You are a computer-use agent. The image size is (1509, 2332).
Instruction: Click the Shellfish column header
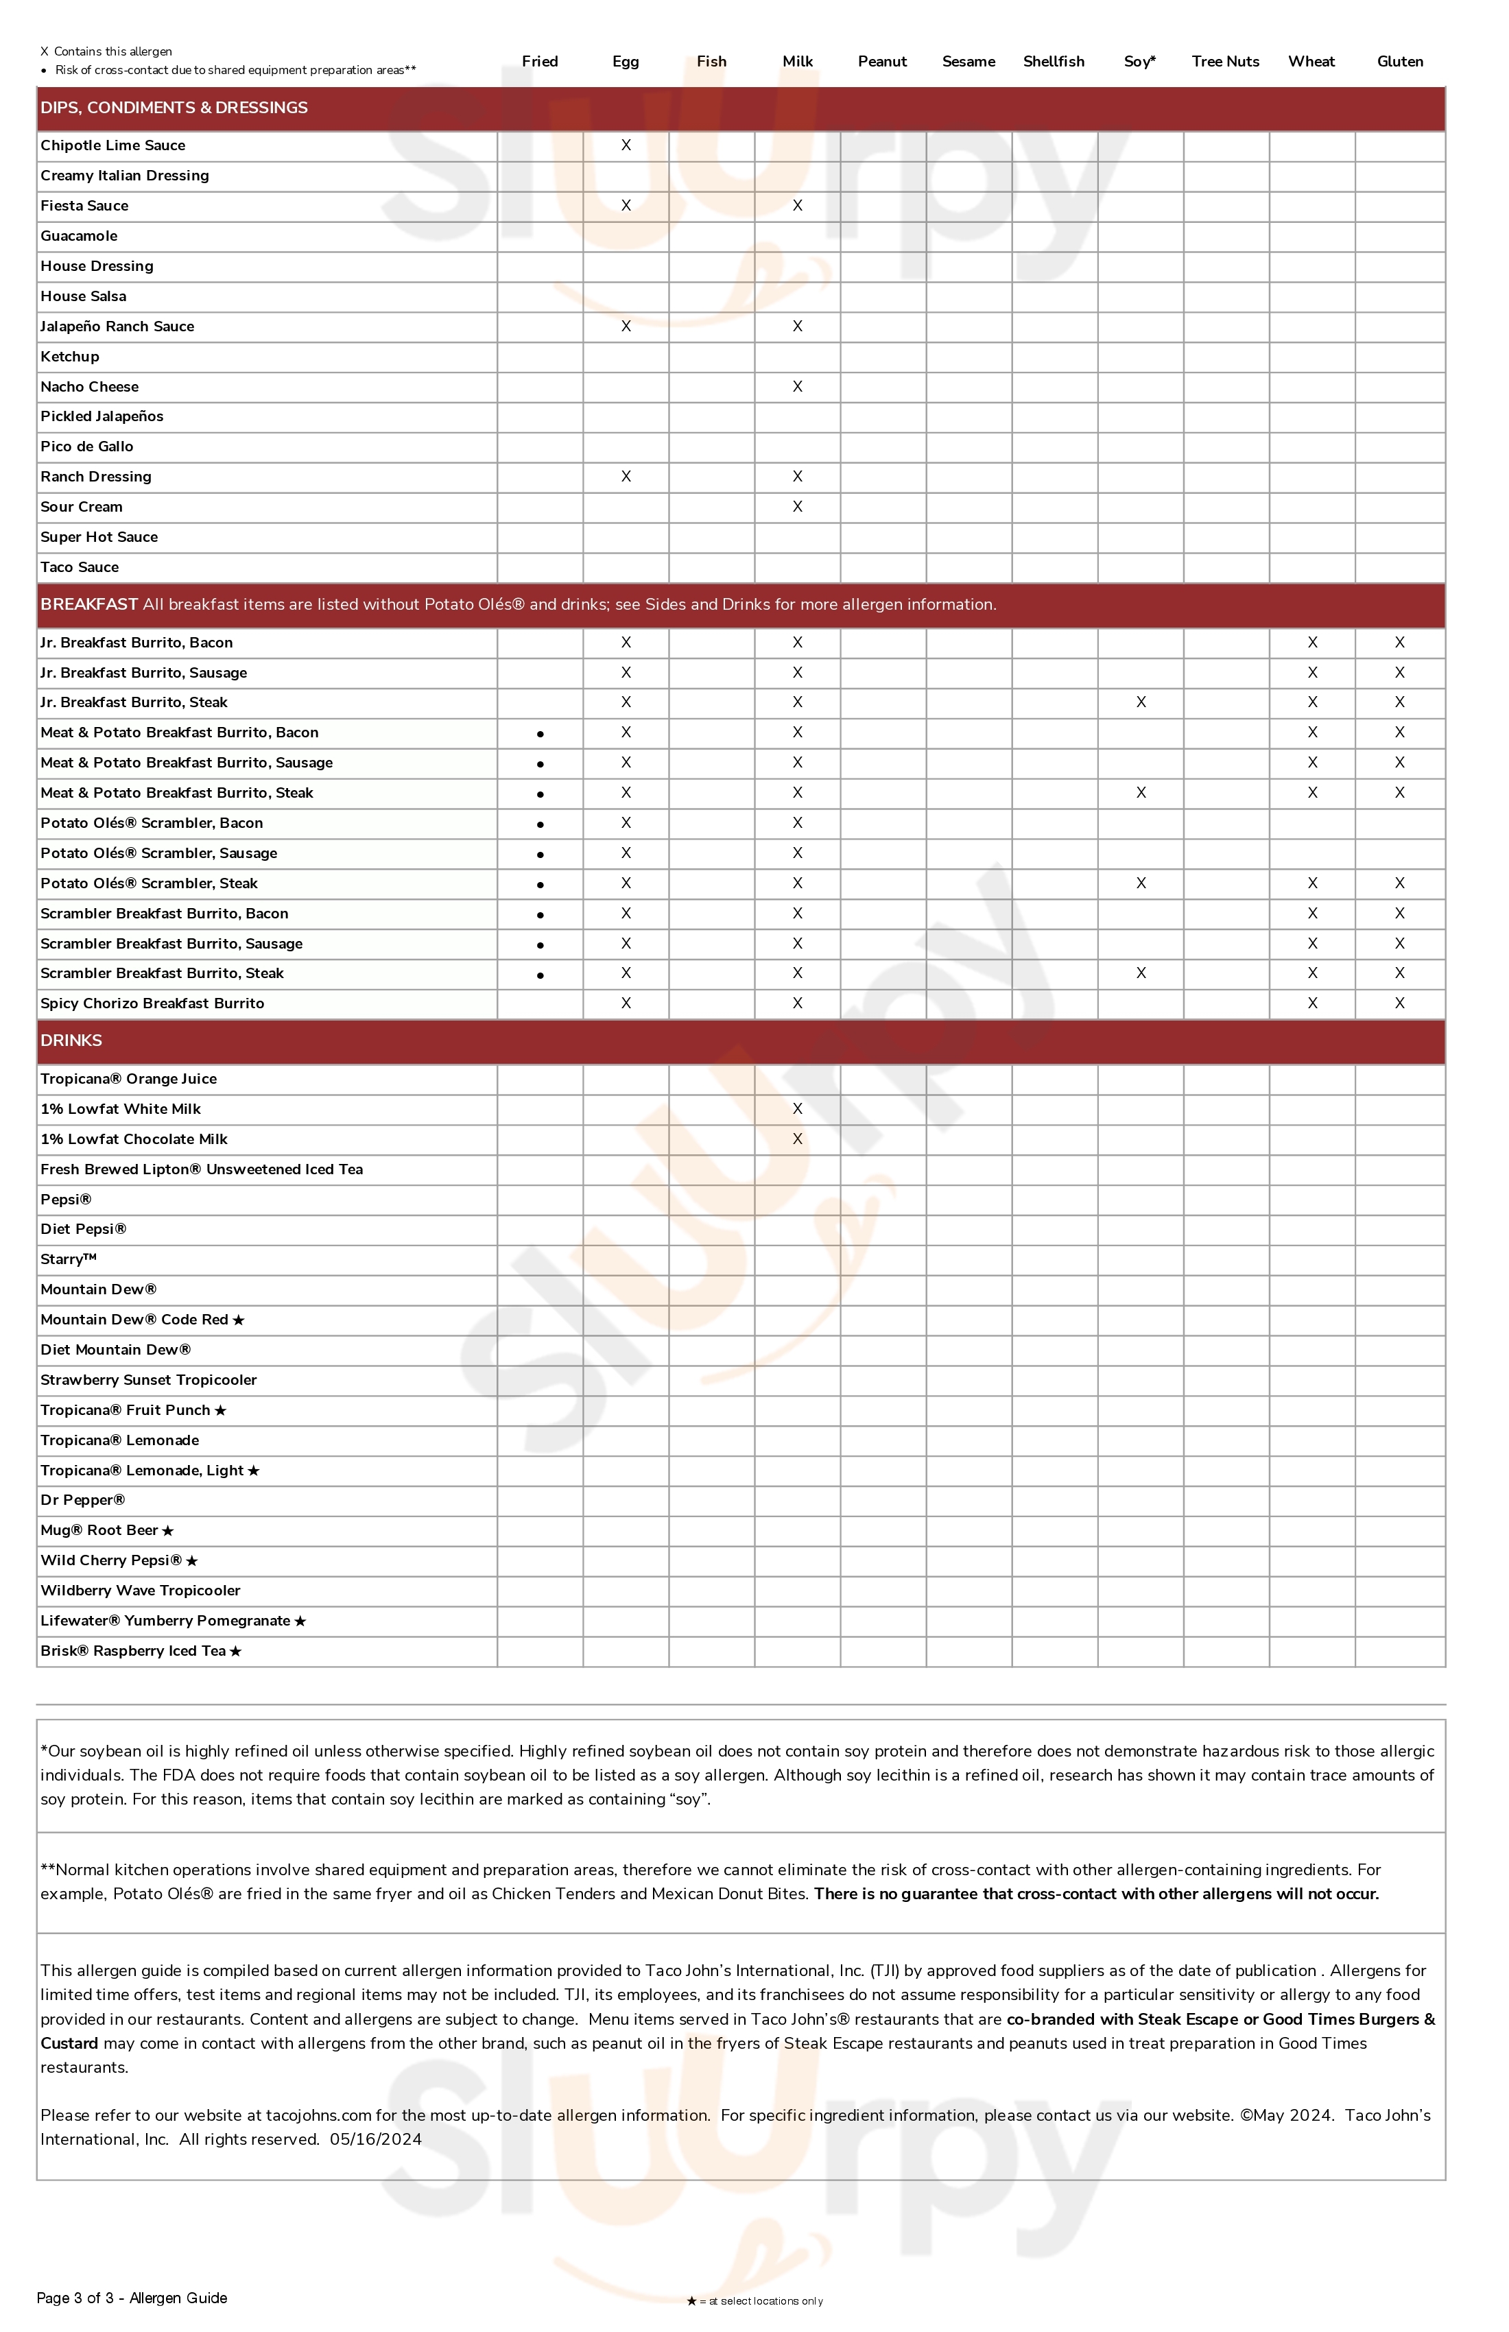[x=1054, y=61]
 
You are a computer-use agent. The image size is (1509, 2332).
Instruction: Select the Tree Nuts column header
[x=1225, y=61]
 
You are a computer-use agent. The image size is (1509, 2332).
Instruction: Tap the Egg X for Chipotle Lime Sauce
[x=626, y=145]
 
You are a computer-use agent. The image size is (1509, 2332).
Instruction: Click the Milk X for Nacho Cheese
[x=798, y=386]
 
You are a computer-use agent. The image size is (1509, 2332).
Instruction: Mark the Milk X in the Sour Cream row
[x=798, y=507]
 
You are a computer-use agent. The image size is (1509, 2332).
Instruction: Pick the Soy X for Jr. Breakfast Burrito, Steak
[x=1141, y=702]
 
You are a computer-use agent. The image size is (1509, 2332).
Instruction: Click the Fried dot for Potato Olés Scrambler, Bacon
[x=540, y=824]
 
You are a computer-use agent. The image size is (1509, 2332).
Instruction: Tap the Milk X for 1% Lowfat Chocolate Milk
[x=798, y=1139]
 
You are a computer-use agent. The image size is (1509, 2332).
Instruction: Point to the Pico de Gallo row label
[x=86, y=447]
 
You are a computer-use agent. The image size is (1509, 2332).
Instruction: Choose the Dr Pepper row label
[x=82, y=1500]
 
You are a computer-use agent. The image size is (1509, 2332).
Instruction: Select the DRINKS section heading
[x=71, y=1040]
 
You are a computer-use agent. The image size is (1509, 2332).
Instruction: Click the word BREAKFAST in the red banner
[x=88, y=604]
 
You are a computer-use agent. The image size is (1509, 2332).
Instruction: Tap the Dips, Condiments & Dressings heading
[x=174, y=108]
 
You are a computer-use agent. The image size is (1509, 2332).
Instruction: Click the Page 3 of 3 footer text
[x=131, y=2298]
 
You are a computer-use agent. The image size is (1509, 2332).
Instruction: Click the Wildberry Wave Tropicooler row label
[x=140, y=1591]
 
